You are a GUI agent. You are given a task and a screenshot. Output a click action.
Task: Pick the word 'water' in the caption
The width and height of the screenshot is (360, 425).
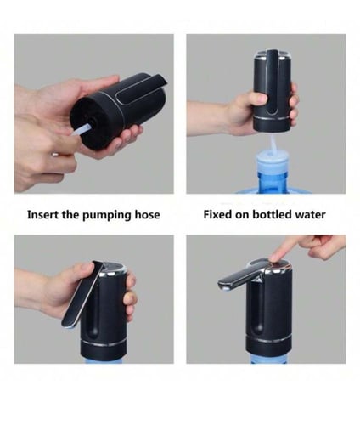pyautogui.click(x=310, y=215)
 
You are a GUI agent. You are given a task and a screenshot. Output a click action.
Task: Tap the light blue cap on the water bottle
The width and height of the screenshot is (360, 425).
pyautogui.click(x=272, y=159)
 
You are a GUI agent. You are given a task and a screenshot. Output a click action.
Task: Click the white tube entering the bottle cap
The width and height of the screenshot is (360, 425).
pyautogui.click(x=273, y=144)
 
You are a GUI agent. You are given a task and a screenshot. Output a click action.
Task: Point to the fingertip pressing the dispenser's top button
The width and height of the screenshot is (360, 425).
pyautogui.click(x=275, y=258)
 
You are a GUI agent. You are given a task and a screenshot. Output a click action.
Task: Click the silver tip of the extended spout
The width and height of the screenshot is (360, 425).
pyautogui.click(x=224, y=286)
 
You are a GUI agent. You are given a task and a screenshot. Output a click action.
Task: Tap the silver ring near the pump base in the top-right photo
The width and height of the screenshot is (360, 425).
pyautogui.click(x=272, y=118)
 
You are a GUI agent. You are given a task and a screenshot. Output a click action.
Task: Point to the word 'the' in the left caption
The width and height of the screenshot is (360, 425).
pyautogui.click(x=70, y=214)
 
